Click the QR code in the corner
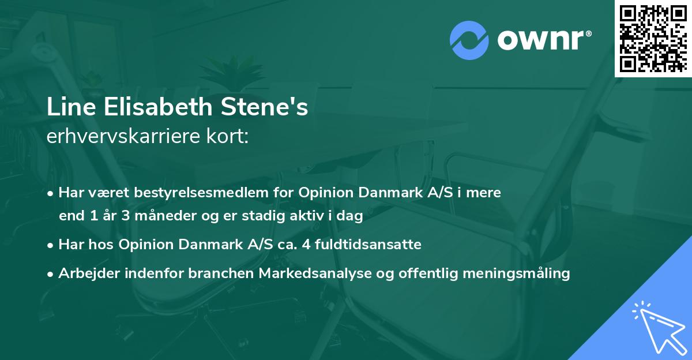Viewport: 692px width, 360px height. tap(653, 38)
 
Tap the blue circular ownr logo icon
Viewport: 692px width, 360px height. tap(469, 40)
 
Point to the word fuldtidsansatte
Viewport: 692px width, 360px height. tap(364, 245)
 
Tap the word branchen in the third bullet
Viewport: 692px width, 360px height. tap(216, 273)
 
